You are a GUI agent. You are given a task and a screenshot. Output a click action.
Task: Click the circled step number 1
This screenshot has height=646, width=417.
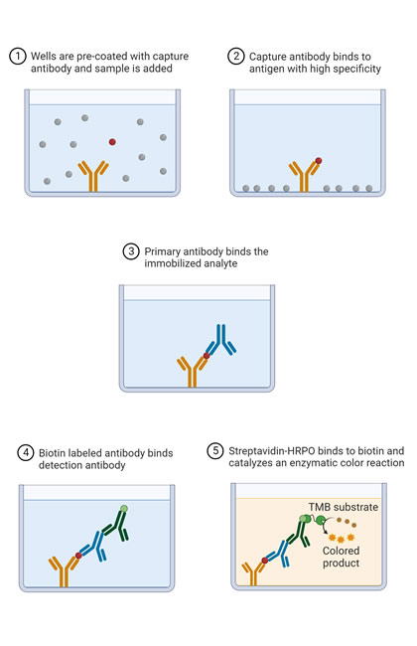(17, 56)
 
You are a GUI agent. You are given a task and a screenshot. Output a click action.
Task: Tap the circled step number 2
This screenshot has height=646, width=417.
(236, 56)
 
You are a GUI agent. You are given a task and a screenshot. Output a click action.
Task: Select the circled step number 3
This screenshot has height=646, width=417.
(131, 251)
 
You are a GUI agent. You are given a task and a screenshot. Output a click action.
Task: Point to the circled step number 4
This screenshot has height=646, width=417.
(26, 453)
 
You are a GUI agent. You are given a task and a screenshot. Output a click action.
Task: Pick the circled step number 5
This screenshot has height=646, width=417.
(214, 451)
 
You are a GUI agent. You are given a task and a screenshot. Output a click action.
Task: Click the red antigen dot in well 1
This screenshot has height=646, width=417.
(112, 142)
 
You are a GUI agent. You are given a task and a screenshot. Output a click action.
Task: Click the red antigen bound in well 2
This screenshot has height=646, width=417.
(318, 161)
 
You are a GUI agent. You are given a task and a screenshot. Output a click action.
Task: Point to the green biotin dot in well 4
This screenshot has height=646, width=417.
(124, 509)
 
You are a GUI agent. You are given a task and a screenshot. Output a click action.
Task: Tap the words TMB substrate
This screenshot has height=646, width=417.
(344, 507)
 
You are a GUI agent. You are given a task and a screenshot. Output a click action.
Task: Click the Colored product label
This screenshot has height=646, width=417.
(341, 557)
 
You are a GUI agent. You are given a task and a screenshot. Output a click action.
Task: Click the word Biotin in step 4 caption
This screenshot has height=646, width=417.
(52, 453)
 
